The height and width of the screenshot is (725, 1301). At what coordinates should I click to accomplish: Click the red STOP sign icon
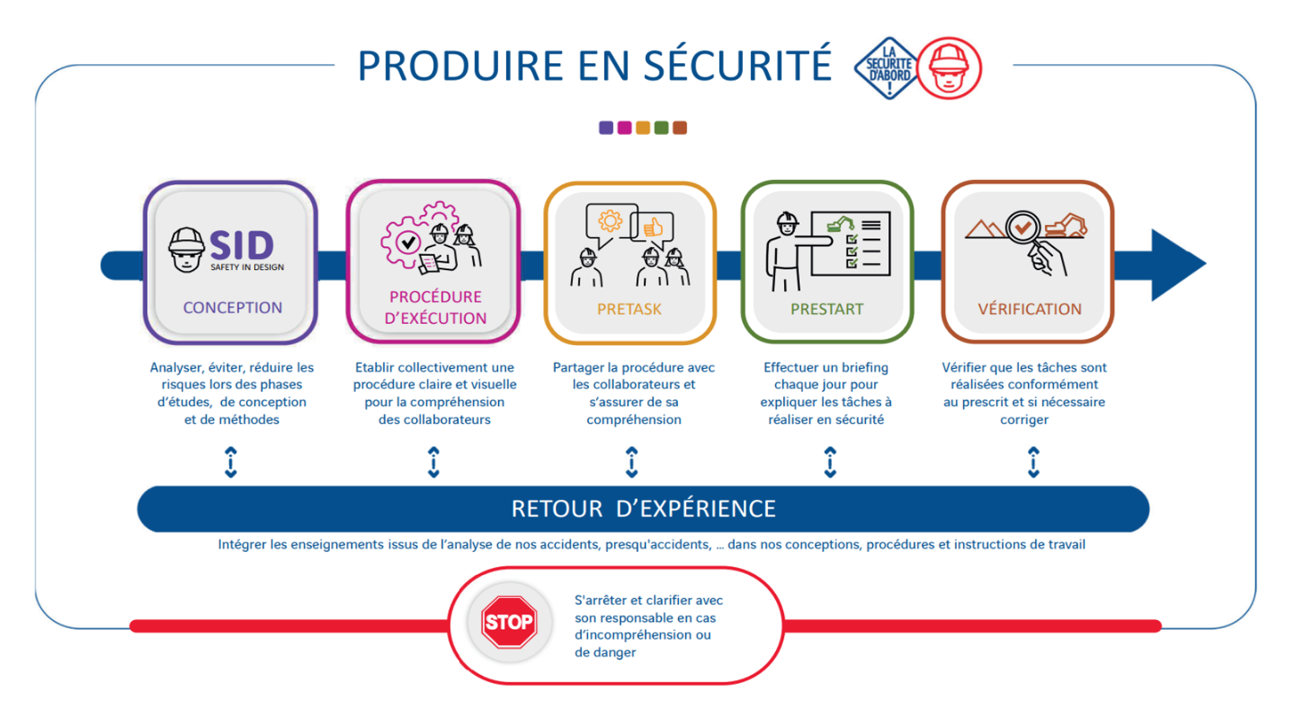[509, 622]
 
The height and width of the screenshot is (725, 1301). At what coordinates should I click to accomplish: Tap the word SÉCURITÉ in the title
[738, 64]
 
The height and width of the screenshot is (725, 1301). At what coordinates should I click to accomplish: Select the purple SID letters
[242, 245]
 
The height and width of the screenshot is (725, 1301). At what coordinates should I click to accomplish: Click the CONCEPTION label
[232, 307]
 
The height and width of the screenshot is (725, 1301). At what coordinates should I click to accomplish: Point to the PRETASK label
[629, 309]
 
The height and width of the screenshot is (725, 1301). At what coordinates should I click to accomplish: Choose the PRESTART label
[827, 309]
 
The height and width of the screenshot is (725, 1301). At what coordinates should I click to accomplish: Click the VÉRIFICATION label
[1029, 309]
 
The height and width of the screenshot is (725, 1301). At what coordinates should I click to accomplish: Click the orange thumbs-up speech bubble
[652, 227]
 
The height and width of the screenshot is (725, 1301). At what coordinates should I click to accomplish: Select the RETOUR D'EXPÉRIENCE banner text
[643, 509]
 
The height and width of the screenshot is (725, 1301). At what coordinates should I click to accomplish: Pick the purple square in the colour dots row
[606, 128]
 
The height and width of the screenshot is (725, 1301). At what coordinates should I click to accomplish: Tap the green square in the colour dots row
[661, 128]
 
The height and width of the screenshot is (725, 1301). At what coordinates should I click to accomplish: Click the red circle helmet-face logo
[949, 69]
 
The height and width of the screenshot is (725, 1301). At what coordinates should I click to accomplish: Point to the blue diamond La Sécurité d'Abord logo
[887, 68]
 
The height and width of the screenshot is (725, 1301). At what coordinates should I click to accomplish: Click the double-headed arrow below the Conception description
[231, 463]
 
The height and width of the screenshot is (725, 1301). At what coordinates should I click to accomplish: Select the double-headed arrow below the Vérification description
[1033, 463]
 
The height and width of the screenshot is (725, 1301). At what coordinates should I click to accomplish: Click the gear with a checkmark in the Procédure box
[407, 242]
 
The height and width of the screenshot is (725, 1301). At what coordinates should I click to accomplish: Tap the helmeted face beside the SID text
[186, 250]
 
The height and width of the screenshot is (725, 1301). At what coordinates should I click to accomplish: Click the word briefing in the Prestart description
[860, 368]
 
